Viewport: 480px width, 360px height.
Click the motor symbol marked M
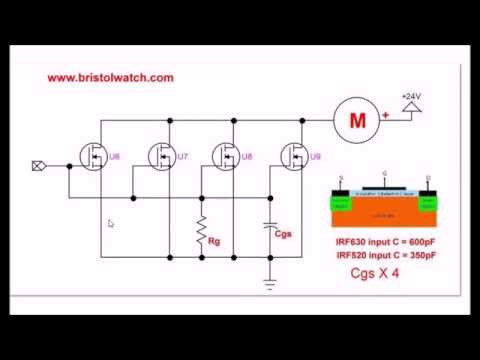358,121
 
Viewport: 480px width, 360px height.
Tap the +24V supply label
411,97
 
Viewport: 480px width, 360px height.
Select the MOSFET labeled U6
94,156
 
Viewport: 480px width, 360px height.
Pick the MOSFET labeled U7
162,156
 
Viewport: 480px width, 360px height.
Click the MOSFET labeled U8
229,156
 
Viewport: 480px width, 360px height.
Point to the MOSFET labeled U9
296,156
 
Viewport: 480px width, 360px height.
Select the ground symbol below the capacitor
270,282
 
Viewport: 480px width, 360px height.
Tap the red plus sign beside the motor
386,115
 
